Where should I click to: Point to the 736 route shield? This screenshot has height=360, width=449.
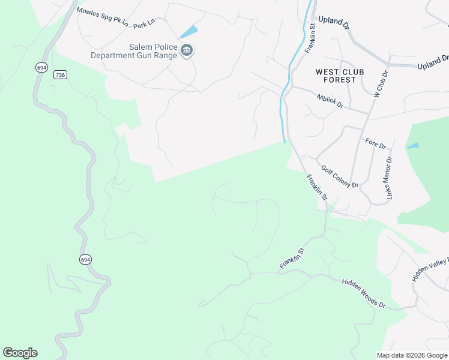coord(59,74)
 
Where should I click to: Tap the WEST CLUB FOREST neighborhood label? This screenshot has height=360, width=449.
coord(340,76)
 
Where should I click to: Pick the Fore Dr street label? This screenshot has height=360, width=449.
coord(376,144)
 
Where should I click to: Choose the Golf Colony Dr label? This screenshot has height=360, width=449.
coord(340,177)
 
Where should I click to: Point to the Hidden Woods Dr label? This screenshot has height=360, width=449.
coord(364,293)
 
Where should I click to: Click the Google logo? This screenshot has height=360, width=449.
coord(20,353)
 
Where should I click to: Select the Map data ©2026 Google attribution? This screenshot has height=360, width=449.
coord(412,355)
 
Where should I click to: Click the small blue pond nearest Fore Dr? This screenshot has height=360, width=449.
coord(413,145)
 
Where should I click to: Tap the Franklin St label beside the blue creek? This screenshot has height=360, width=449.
coord(310,39)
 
